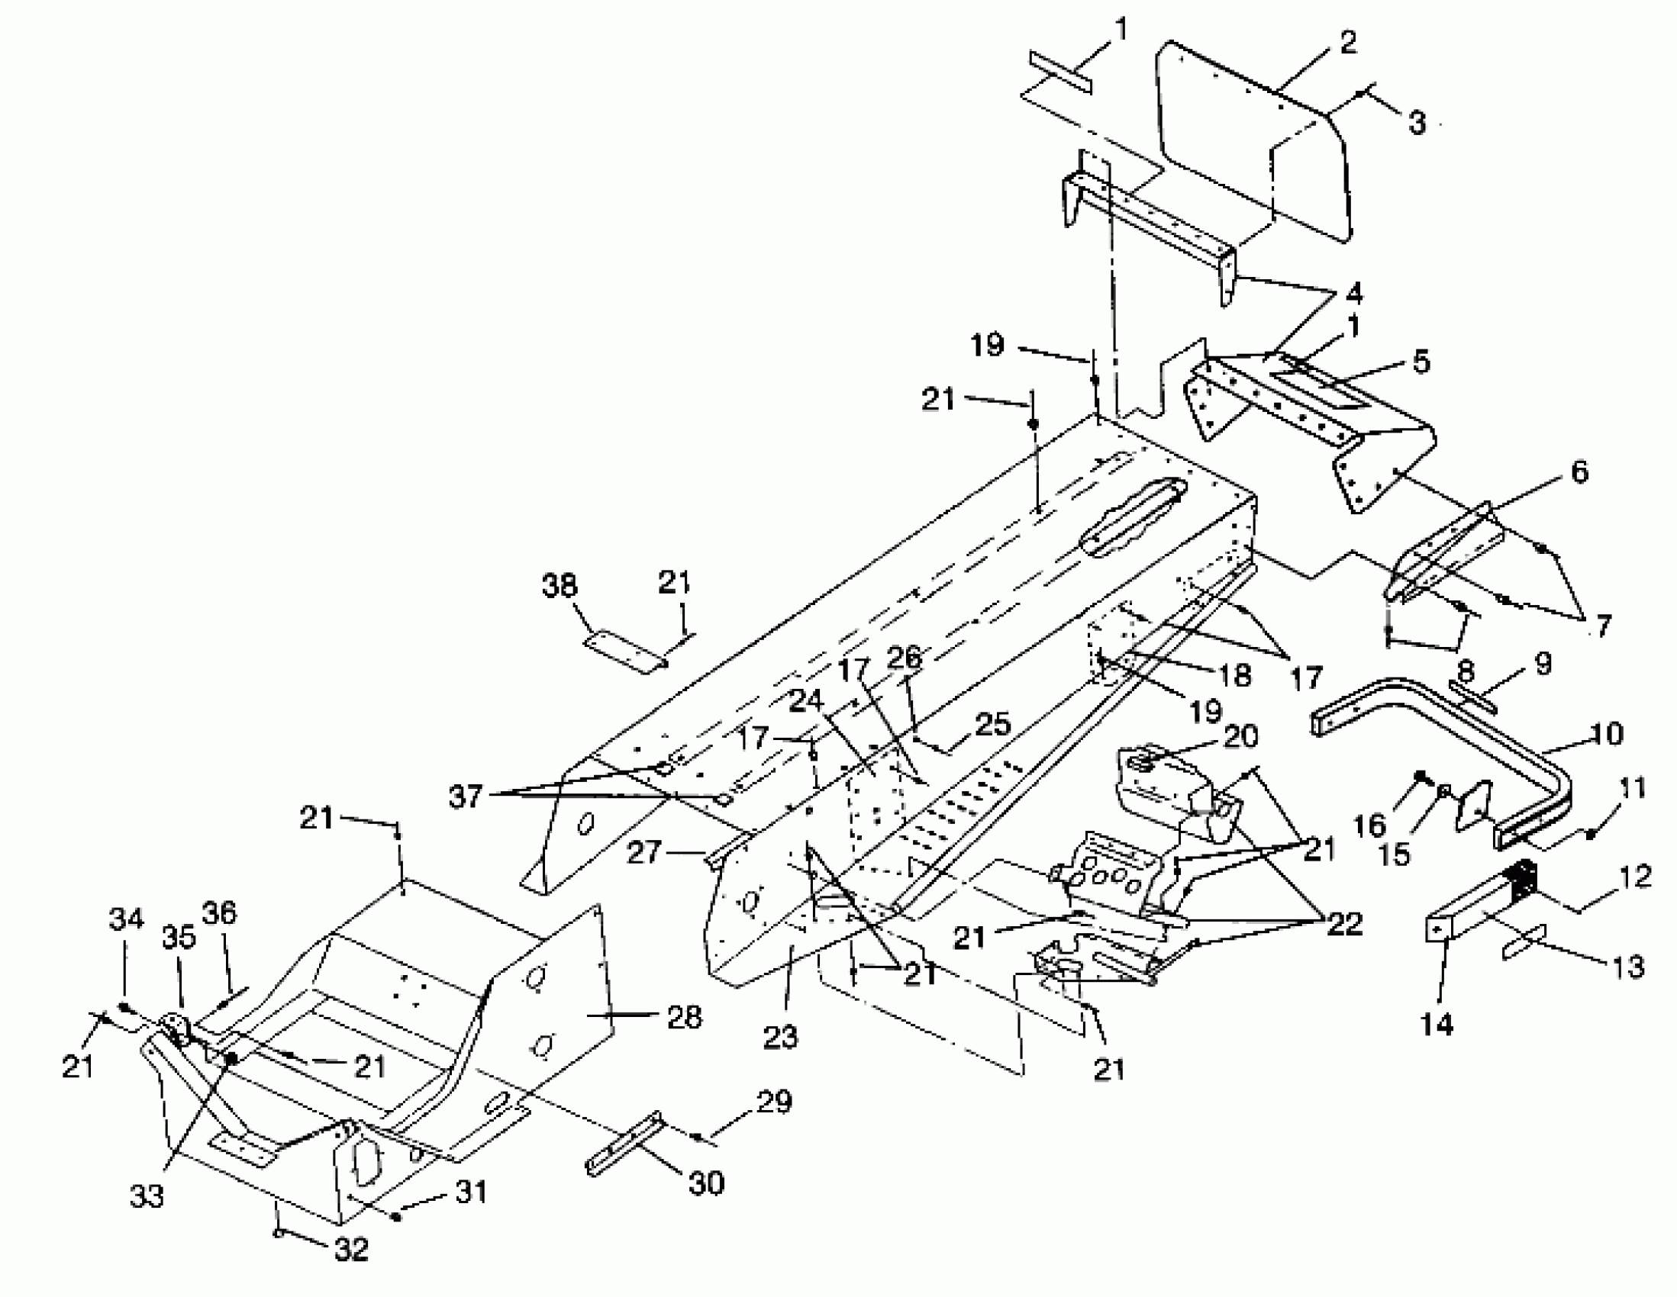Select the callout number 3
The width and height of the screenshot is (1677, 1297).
pyautogui.click(x=1417, y=123)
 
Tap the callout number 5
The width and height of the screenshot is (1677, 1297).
pyautogui.click(x=1421, y=362)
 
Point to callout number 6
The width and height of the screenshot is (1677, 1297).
pyautogui.click(x=1579, y=472)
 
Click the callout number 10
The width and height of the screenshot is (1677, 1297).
pyautogui.click(x=1607, y=735)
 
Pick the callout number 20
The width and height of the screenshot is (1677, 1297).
pyautogui.click(x=1242, y=737)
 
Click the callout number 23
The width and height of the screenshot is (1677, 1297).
pyautogui.click(x=781, y=1037)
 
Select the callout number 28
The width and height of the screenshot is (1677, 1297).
pyautogui.click(x=685, y=1017)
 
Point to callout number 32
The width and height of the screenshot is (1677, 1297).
pyautogui.click(x=351, y=1250)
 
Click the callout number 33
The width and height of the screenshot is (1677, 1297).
pyautogui.click(x=147, y=1196)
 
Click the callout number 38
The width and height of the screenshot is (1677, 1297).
pyautogui.click(x=559, y=586)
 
